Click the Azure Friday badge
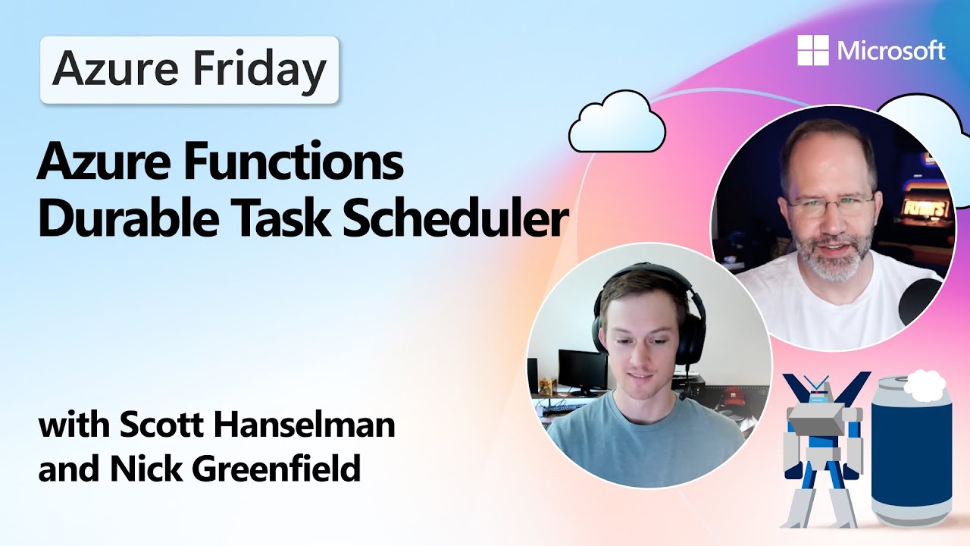189,70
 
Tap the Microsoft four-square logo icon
813,50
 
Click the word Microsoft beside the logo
891,51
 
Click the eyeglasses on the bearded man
830,204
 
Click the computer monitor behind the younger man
582,369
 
